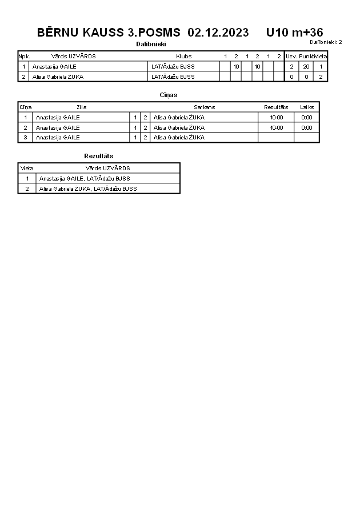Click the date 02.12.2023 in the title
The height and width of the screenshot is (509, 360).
coord(218,33)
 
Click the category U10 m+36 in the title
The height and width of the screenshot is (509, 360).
coord(294,33)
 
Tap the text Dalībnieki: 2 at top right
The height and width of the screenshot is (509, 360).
coord(326,42)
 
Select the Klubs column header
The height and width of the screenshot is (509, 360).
coord(183,57)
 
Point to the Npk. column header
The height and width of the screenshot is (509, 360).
coord(24,57)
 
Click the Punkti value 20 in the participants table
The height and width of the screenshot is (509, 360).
coord(306,67)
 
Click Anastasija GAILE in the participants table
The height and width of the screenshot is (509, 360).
coord(54,67)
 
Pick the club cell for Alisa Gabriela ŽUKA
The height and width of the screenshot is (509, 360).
coord(173,77)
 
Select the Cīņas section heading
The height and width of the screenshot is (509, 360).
coord(168,95)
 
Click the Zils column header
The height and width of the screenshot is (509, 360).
coord(81,107)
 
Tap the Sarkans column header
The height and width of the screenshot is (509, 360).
coord(204,107)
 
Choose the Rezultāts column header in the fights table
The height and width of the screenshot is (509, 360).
coord(276,107)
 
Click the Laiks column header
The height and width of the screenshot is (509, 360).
coord(307,107)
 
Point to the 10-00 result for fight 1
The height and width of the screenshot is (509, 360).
coord(276,118)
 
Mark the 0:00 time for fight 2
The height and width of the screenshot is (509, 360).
coord(307,127)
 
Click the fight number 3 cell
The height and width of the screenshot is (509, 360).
coord(25,138)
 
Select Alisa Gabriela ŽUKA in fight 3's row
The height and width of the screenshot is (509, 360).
coord(179,138)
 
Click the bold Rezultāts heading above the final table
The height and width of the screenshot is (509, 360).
coord(98,156)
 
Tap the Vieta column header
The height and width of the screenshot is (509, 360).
coord(27,169)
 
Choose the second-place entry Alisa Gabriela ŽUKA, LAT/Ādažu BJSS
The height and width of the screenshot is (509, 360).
coord(88,189)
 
